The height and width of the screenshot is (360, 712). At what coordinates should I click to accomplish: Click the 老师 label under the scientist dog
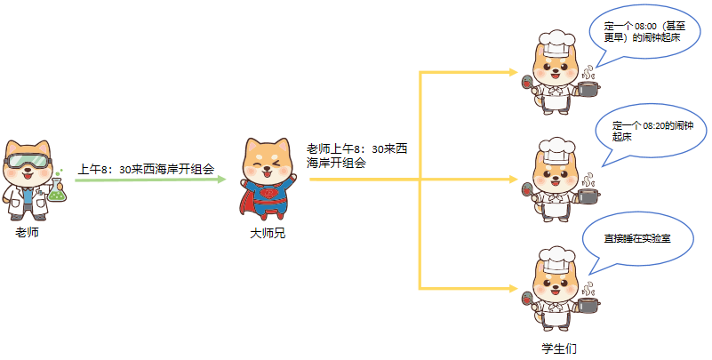click(x=28, y=233)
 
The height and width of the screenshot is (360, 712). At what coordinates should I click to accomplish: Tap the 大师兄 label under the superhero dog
click(x=268, y=233)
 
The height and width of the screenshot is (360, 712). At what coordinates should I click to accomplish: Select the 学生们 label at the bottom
click(x=559, y=348)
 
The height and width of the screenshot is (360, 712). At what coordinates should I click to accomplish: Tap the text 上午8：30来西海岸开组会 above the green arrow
click(x=147, y=168)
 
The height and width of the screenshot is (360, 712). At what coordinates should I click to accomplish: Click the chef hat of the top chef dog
click(x=557, y=40)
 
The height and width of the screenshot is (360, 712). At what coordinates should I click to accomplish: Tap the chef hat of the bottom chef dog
click(x=557, y=259)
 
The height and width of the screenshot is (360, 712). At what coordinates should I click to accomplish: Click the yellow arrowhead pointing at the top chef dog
click(x=514, y=71)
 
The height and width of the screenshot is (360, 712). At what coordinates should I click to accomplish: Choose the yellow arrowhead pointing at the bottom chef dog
click(x=514, y=288)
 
